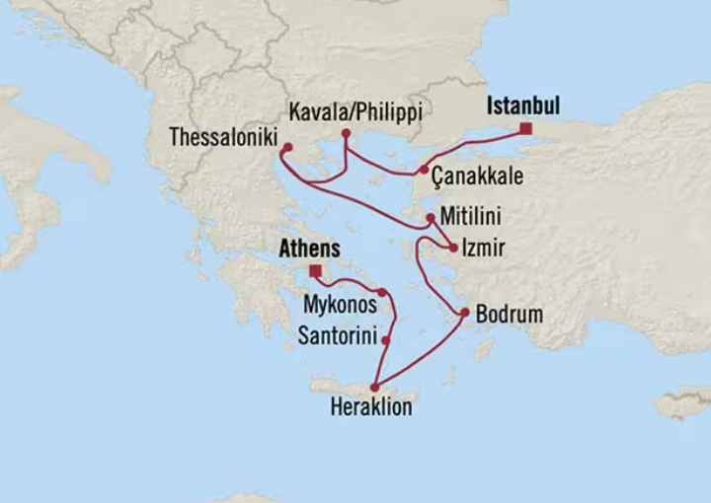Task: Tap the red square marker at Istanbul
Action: coord(525,128)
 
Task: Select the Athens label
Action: coord(309,250)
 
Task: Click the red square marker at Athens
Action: coord(314,270)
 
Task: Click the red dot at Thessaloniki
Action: coord(286,149)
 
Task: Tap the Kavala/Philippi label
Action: coord(356,112)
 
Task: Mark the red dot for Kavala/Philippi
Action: coord(346,133)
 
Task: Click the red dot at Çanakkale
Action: coord(424,171)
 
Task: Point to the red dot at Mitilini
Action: coord(431,217)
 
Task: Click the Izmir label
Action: coord(483,248)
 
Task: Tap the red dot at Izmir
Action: coord(453,248)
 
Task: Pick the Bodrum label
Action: coord(509,316)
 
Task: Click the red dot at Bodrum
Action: coord(464,314)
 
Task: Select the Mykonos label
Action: coord(340,305)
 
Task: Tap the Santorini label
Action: coord(337,337)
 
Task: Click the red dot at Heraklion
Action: coord(374,388)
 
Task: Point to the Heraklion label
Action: coord(372,406)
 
